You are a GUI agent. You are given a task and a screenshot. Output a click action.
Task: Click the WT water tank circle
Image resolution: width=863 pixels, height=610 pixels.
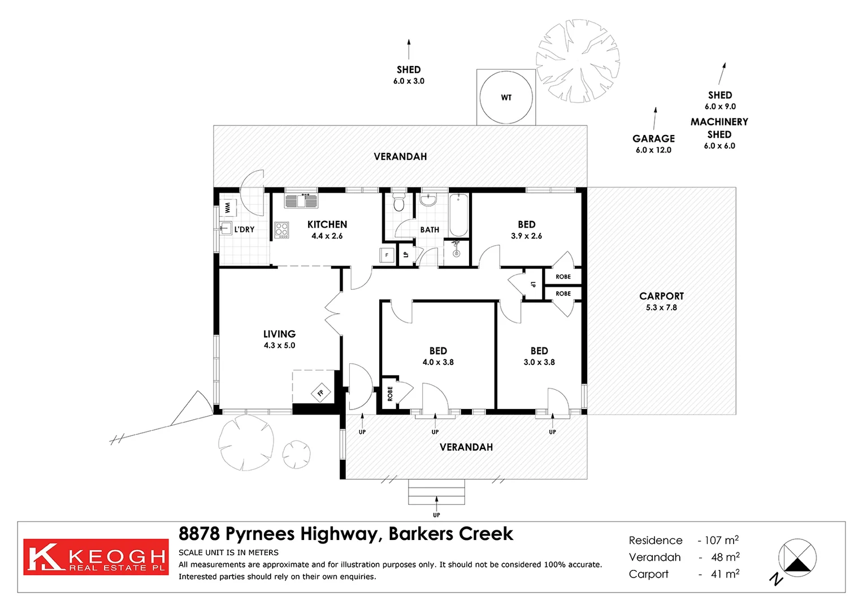point(506,97)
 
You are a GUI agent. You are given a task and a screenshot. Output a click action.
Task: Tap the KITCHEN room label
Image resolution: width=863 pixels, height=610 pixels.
point(327,224)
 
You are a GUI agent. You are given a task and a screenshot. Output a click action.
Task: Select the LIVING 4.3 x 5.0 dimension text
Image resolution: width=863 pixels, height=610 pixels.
point(279,345)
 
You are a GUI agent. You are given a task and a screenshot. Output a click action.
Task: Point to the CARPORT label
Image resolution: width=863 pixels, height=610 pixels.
point(661,296)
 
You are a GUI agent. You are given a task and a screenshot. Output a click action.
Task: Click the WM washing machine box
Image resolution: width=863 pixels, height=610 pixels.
point(228,208)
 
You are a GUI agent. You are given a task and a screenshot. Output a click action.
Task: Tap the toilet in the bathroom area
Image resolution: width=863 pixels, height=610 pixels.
point(399,202)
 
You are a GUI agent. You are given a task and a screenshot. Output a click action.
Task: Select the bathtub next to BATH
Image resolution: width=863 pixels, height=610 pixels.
point(459,215)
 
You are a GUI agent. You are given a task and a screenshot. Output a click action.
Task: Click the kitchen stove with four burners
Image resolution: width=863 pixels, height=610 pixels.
point(281,229)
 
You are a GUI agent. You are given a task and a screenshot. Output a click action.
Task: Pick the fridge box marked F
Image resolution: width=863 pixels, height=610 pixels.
point(387,255)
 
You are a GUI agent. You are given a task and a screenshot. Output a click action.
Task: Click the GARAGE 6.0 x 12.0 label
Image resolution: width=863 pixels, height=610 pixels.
point(653,143)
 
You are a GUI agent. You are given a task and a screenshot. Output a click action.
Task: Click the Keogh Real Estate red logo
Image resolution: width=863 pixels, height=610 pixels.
point(96,557)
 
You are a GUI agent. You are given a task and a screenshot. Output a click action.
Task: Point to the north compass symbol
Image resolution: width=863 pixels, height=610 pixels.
point(797,558)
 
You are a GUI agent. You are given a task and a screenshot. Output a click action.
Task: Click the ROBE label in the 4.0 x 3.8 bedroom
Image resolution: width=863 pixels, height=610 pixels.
point(390,394)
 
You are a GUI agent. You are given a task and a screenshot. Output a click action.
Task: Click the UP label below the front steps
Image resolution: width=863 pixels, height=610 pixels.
point(436,515)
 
